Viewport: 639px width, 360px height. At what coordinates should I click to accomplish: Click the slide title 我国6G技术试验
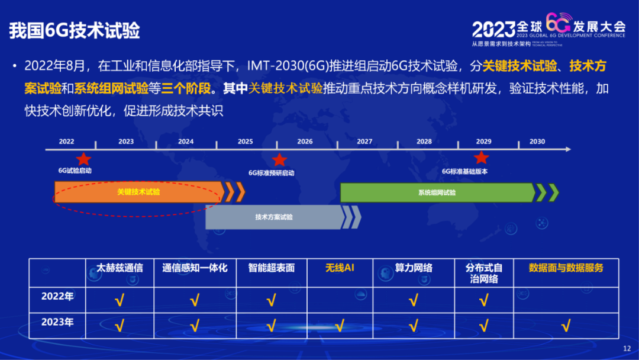click(x=75, y=31)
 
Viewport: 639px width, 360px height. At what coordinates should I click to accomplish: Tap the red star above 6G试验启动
click(x=83, y=159)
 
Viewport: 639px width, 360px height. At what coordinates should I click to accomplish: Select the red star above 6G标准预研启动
click(x=279, y=160)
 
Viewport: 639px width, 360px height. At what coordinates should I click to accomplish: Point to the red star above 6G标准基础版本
click(x=482, y=157)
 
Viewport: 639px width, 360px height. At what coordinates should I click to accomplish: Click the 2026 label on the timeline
click(x=305, y=142)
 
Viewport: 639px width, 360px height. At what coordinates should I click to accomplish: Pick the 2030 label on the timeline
click(x=537, y=142)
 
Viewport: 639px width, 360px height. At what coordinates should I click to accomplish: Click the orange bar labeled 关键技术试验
click(x=138, y=192)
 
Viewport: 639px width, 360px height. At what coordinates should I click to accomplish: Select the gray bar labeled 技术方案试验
click(x=274, y=217)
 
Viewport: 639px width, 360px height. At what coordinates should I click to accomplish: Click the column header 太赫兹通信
click(x=120, y=268)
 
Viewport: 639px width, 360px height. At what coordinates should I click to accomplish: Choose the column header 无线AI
click(x=340, y=268)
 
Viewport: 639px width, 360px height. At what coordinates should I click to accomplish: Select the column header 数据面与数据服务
click(x=566, y=268)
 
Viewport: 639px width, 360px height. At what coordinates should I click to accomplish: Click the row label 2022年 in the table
click(x=57, y=297)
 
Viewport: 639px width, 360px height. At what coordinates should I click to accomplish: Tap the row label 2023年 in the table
click(x=57, y=323)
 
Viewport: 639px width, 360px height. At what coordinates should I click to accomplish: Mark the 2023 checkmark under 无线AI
click(x=340, y=325)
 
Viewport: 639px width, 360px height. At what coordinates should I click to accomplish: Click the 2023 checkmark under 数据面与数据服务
click(x=566, y=325)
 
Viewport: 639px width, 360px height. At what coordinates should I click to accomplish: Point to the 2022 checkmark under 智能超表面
click(x=272, y=300)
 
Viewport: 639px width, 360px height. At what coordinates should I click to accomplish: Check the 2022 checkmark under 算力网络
click(x=413, y=300)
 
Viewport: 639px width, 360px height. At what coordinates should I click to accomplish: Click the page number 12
click(x=627, y=349)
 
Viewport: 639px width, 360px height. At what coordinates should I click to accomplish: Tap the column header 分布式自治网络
click(x=483, y=273)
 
